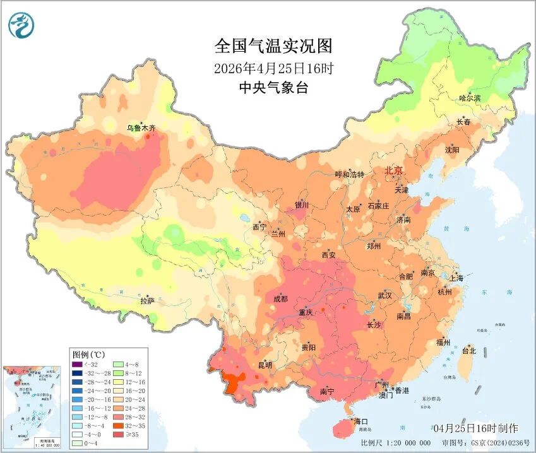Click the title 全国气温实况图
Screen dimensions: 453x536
[273, 47]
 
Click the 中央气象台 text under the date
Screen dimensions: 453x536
[273, 88]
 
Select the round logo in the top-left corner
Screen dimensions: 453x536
[21, 25]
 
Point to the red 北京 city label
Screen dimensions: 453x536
[393, 171]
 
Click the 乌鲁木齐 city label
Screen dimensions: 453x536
[140, 128]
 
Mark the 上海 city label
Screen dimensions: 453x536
[456, 278]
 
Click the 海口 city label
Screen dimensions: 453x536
[360, 421]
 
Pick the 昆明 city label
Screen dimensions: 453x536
[265, 365]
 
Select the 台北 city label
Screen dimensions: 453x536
[469, 351]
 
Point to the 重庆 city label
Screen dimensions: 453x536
[306, 313]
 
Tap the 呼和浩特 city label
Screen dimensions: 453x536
[349, 175]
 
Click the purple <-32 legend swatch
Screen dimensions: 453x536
[76, 364]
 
